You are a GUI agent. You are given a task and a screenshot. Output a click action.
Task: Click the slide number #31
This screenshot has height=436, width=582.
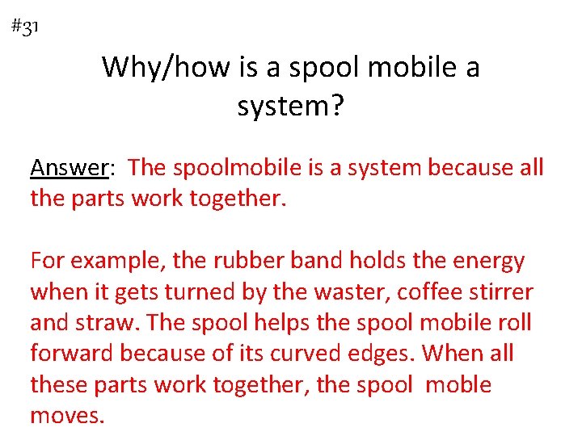[x=26, y=27]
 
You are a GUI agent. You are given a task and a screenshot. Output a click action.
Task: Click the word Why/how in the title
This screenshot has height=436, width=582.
[x=167, y=67]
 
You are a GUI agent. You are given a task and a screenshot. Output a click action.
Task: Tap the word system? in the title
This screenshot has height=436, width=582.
[x=290, y=106]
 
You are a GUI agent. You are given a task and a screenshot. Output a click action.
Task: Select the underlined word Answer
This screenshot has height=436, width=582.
[x=69, y=168]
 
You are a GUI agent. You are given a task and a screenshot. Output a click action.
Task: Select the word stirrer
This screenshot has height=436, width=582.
[x=503, y=292]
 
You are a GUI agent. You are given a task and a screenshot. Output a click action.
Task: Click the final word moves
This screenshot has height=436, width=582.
[x=67, y=416]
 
